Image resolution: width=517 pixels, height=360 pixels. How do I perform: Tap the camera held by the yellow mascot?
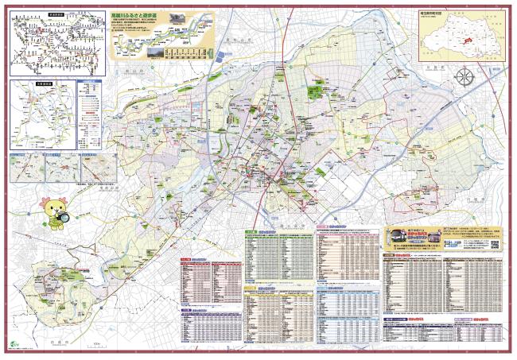pos(63,216)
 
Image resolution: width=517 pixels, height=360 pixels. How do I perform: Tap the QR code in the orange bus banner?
pos(494,246)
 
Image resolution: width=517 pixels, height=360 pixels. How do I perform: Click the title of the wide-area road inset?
pos(29,81)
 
